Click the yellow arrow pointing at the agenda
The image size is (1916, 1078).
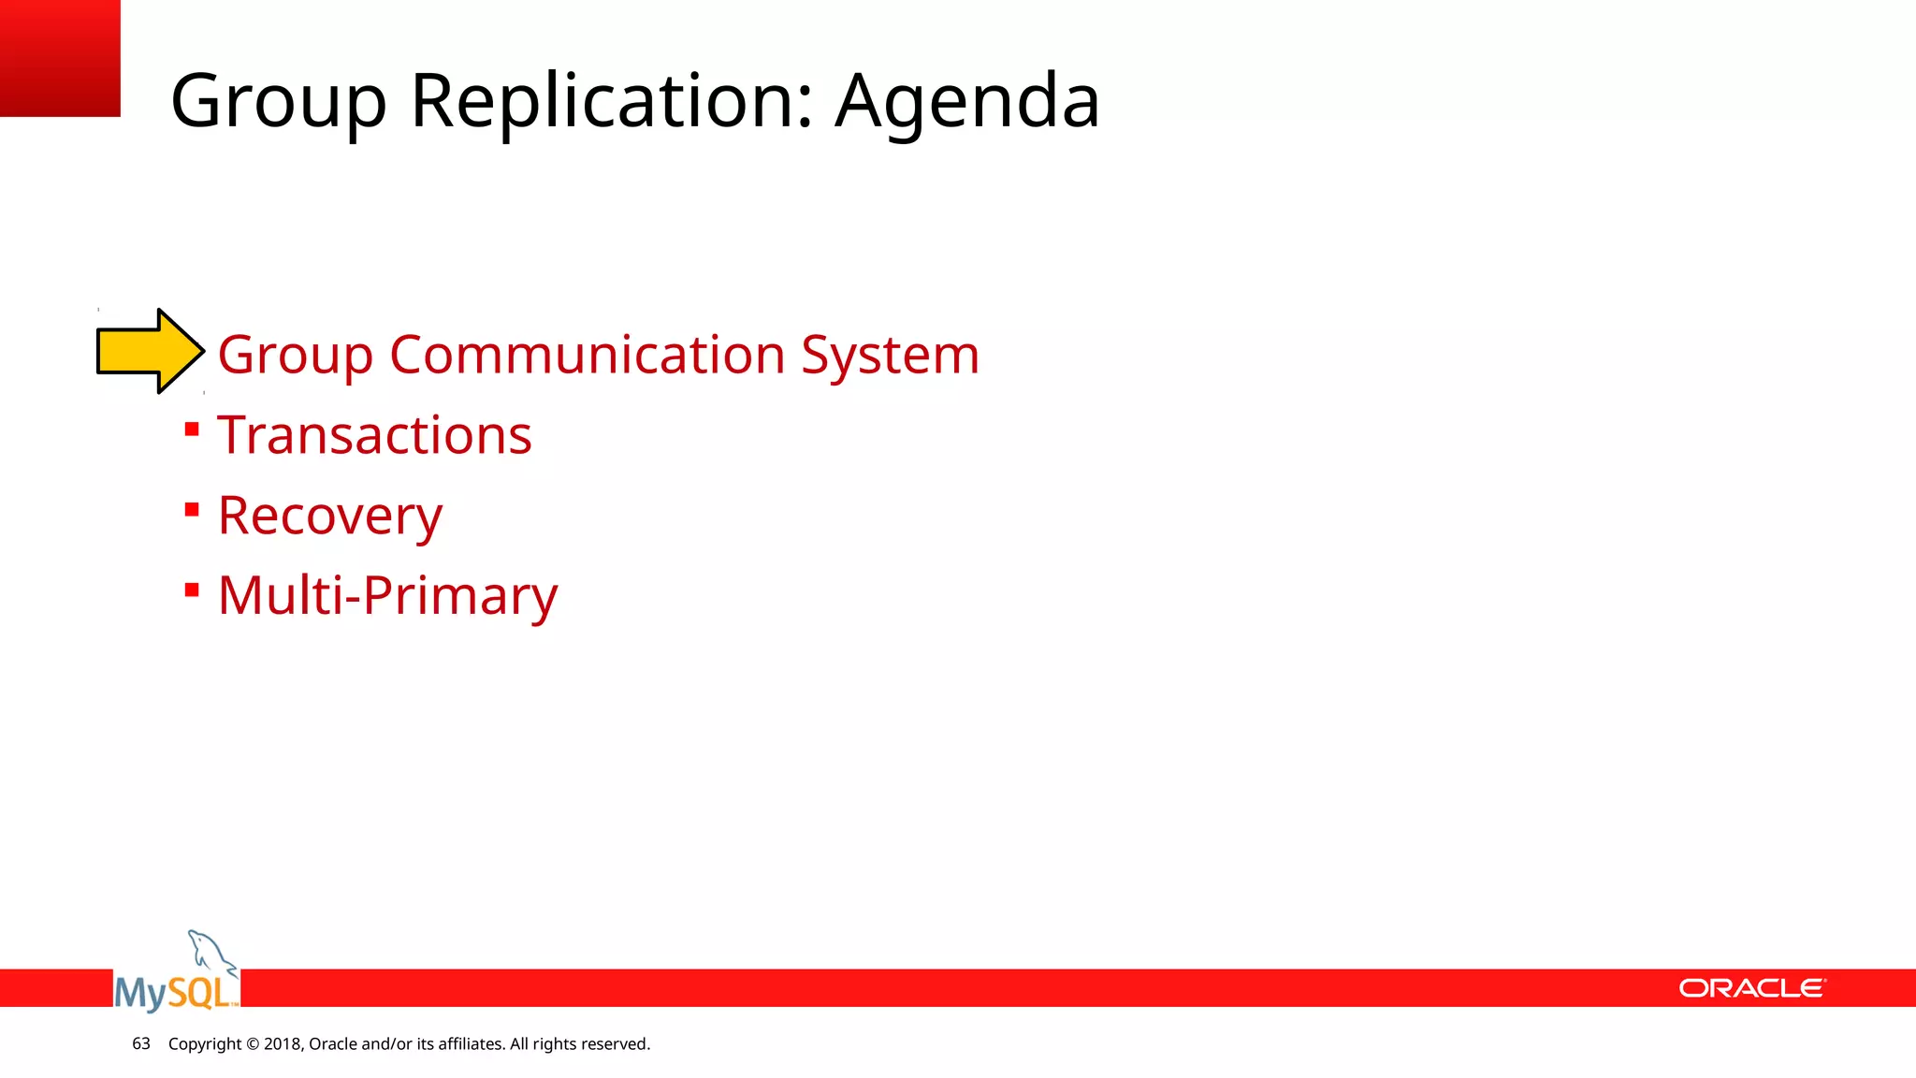pyautogui.click(x=150, y=351)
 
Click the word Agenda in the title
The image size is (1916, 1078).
pyautogui.click(x=966, y=101)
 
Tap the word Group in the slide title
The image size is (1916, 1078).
pyautogui.click(x=278, y=101)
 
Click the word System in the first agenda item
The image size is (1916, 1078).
pyautogui.click(x=890, y=356)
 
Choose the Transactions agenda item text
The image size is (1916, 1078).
pyautogui.click(x=374, y=435)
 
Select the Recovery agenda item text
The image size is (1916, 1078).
pyautogui.click(x=329, y=516)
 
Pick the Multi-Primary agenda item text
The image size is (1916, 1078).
pyautogui.click(x=387, y=595)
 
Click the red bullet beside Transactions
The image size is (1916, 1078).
pyautogui.click(x=192, y=430)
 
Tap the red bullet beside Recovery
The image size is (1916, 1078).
pyautogui.click(x=192, y=510)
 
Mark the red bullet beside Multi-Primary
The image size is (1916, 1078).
pyautogui.click(x=192, y=590)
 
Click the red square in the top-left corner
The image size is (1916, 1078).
pyautogui.click(x=60, y=57)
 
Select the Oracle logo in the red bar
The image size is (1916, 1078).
pyautogui.click(x=1751, y=988)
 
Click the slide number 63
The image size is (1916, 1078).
pyautogui.click(x=141, y=1043)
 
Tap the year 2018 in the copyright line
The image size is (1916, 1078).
pyautogui.click(x=283, y=1044)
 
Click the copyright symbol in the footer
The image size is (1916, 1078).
pyautogui.click(x=253, y=1044)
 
